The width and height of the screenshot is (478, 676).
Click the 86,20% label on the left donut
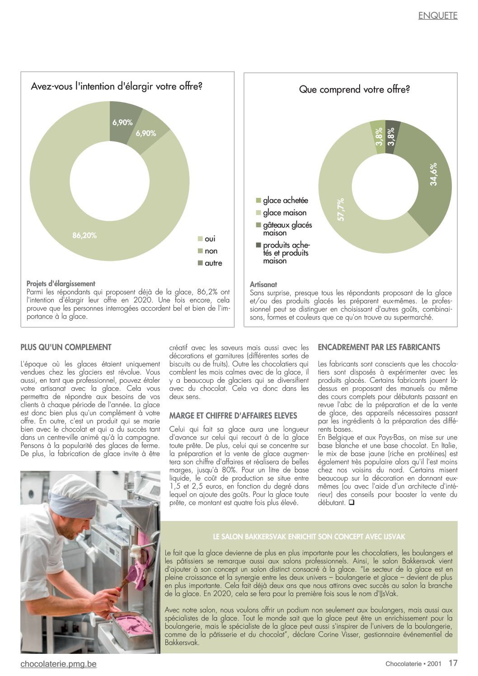84,235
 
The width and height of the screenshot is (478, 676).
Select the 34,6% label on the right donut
434,174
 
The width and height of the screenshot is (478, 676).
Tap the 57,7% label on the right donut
341,209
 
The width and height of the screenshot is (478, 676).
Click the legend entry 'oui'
210,239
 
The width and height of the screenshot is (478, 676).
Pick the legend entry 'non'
211,251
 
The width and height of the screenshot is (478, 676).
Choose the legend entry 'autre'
213,263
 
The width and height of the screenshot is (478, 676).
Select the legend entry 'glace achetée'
285,201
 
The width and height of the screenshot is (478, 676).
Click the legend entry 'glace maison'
284,213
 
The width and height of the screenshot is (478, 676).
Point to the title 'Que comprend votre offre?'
354,89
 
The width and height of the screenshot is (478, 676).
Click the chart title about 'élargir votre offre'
117,86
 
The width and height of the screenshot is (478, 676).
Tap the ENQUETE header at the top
437,16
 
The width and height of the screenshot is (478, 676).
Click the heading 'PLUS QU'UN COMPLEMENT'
66,347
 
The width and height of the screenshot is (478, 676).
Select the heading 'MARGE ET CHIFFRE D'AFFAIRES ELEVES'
233,416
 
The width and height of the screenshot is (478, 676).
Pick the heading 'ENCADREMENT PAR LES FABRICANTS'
379,347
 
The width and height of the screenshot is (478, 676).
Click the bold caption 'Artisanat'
263,285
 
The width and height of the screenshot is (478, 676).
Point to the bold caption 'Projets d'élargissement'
61,284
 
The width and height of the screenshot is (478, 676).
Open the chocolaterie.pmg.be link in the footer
58,664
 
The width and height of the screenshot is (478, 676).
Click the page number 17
453,663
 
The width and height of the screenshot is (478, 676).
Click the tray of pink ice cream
132,626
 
